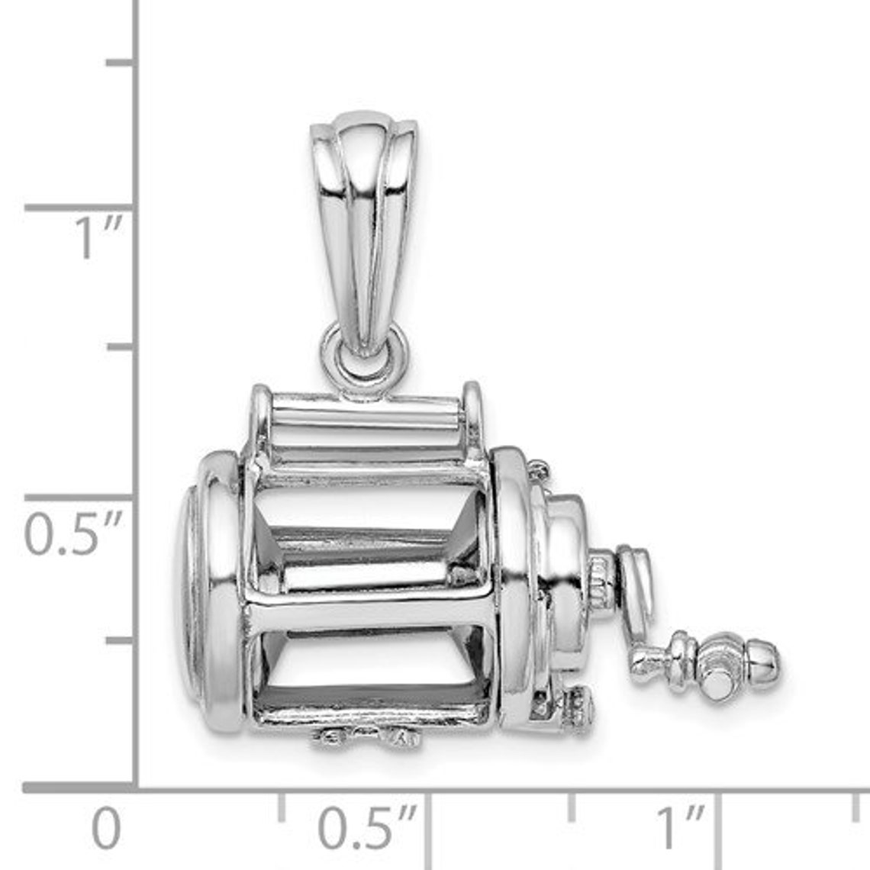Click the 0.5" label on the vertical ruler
[72, 533]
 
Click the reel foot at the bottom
[366, 736]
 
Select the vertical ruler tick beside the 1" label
[80, 208]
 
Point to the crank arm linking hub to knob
[637, 611]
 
